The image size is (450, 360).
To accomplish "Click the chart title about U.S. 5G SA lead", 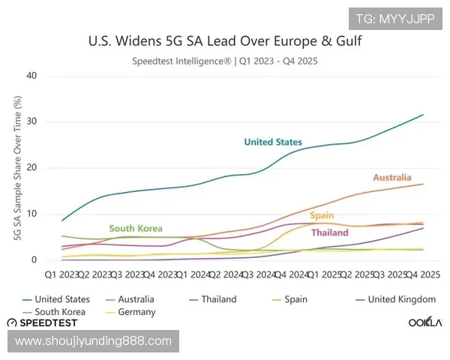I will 225,40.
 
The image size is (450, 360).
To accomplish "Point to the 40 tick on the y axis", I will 31,76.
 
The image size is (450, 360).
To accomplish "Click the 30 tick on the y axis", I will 31,122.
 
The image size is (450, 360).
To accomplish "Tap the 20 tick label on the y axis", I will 31,168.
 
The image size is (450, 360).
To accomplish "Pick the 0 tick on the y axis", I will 34,260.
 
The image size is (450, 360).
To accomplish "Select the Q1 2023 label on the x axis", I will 60,274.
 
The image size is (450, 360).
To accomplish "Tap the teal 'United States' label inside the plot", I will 273,142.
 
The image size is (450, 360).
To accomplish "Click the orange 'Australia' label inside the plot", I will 392,178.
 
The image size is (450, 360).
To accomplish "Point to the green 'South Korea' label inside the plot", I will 135,229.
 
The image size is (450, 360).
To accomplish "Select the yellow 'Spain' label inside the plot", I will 322,216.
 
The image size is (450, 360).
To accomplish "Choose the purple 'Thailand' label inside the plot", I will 329,232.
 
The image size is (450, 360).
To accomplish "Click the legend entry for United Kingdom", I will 401,299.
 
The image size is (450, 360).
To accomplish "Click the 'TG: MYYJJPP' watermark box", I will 394,19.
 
